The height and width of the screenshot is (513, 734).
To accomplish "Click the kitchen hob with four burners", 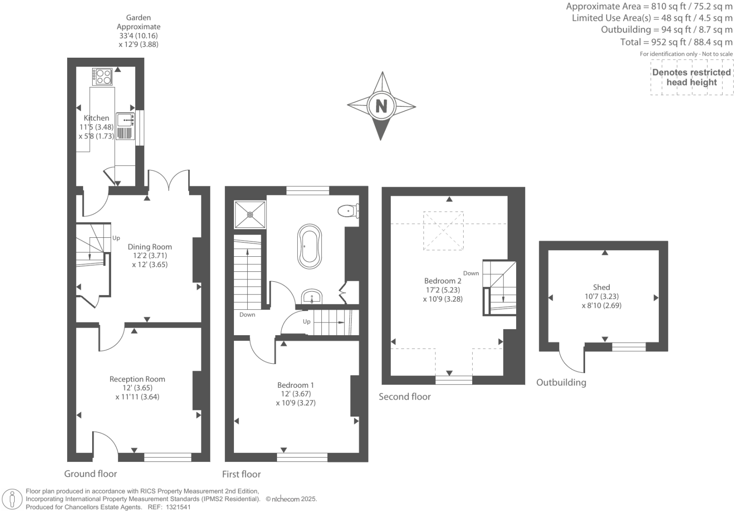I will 103,77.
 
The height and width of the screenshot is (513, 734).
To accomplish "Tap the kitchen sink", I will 124,119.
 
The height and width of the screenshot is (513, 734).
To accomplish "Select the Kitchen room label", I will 96,118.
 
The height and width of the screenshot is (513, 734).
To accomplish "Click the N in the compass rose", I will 381,105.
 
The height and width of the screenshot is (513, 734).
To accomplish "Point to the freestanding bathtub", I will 309,247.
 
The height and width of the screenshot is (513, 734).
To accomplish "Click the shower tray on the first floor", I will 250,215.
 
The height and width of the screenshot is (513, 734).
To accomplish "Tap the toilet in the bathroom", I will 349,210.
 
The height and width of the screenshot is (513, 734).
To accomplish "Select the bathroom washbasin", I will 312,297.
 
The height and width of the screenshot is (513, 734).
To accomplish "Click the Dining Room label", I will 150,246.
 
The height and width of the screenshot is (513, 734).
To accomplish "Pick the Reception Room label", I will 137,379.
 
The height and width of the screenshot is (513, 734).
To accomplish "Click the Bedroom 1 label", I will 295,385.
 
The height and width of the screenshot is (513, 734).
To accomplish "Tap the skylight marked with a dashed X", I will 443,231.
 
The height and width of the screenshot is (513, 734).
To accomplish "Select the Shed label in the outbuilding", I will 601,287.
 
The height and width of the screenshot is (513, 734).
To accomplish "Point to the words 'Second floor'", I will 405,397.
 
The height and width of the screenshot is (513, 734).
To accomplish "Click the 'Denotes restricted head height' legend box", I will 691,77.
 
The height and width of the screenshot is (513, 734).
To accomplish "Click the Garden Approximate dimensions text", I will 138,31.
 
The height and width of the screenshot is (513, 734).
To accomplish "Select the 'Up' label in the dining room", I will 116,238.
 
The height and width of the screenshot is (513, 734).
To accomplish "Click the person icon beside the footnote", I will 12,499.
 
